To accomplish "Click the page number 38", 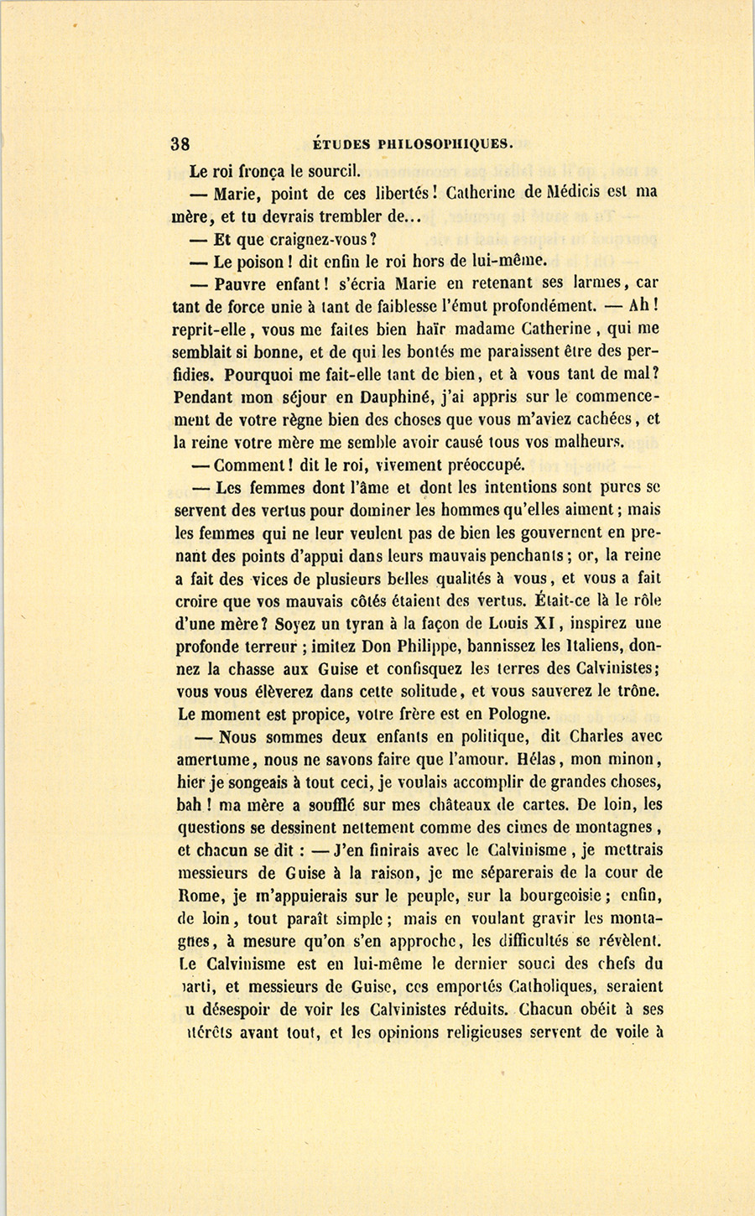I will pyautogui.click(x=180, y=143).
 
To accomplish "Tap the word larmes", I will pyautogui.click(x=587, y=283).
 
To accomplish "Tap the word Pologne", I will pyautogui.click(x=515, y=715).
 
